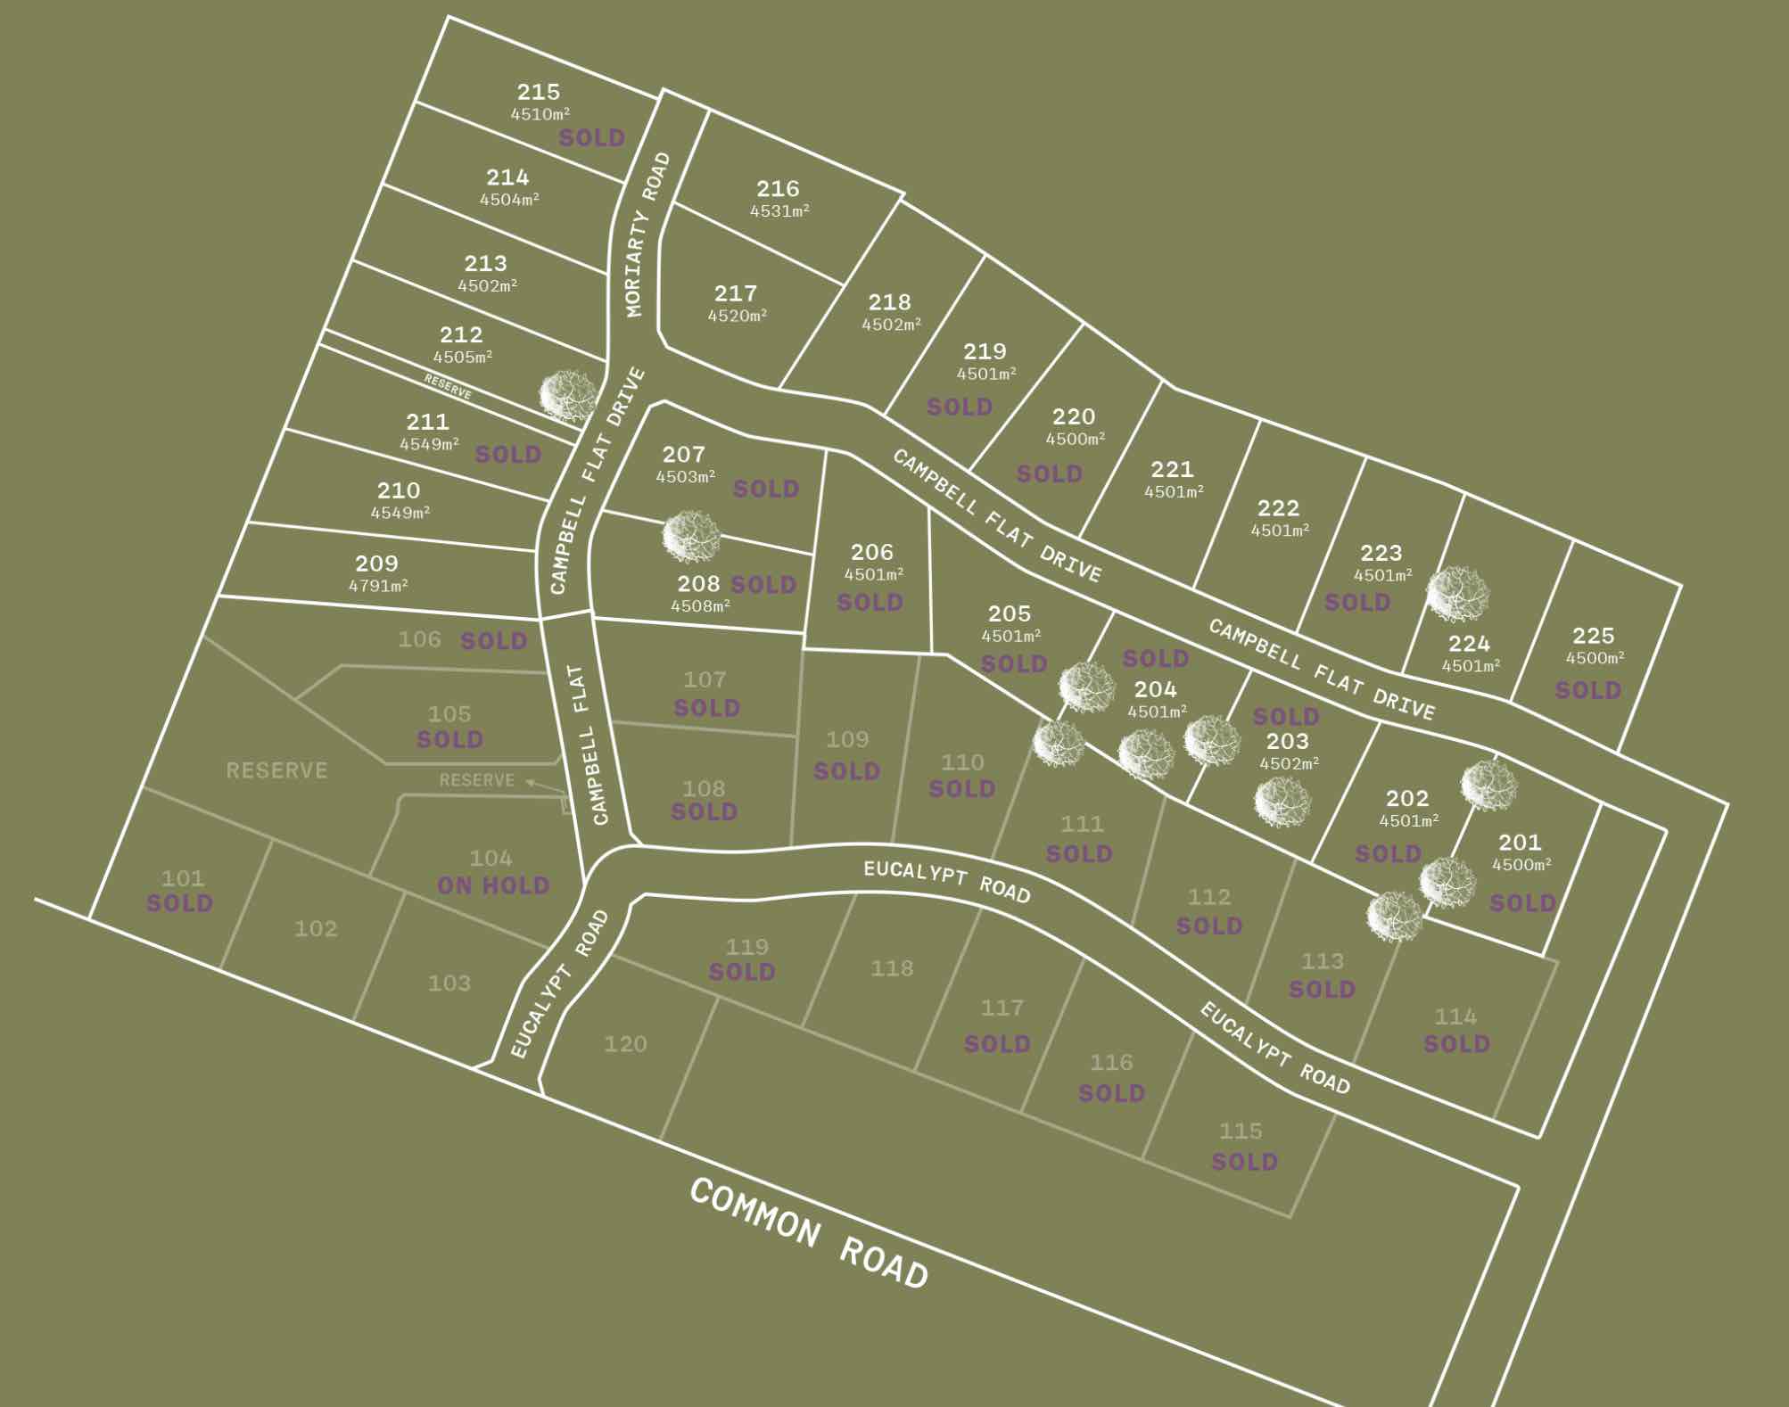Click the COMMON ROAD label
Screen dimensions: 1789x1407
click(x=810, y=1234)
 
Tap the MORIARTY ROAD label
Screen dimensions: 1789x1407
click(x=647, y=234)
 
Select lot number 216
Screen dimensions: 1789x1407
click(x=778, y=189)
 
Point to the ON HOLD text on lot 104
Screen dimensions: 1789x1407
click(x=493, y=885)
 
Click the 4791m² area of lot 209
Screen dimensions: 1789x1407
click(x=378, y=586)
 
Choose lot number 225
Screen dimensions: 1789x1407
click(x=1593, y=636)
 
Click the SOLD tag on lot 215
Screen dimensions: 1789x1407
click(x=591, y=138)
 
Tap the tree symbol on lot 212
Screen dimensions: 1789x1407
click(x=567, y=395)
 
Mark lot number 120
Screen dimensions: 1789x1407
click(x=625, y=1043)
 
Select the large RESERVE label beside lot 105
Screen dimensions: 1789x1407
click(x=276, y=770)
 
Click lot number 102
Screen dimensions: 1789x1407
click(x=316, y=928)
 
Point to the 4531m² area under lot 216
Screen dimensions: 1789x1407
click(x=779, y=211)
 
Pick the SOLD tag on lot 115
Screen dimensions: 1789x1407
click(x=1244, y=1162)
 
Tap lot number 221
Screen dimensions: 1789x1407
click(x=1171, y=469)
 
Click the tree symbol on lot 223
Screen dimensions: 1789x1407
click(x=1456, y=594)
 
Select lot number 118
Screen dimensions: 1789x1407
click(x=892, y=967)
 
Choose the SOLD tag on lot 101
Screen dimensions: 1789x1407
click(x=179, y=903)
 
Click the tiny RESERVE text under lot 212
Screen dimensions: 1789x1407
click(x=448, y=387)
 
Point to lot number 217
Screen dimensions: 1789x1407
click(x=735, y=293)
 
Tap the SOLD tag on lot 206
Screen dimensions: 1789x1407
click(x=870, y=603)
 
